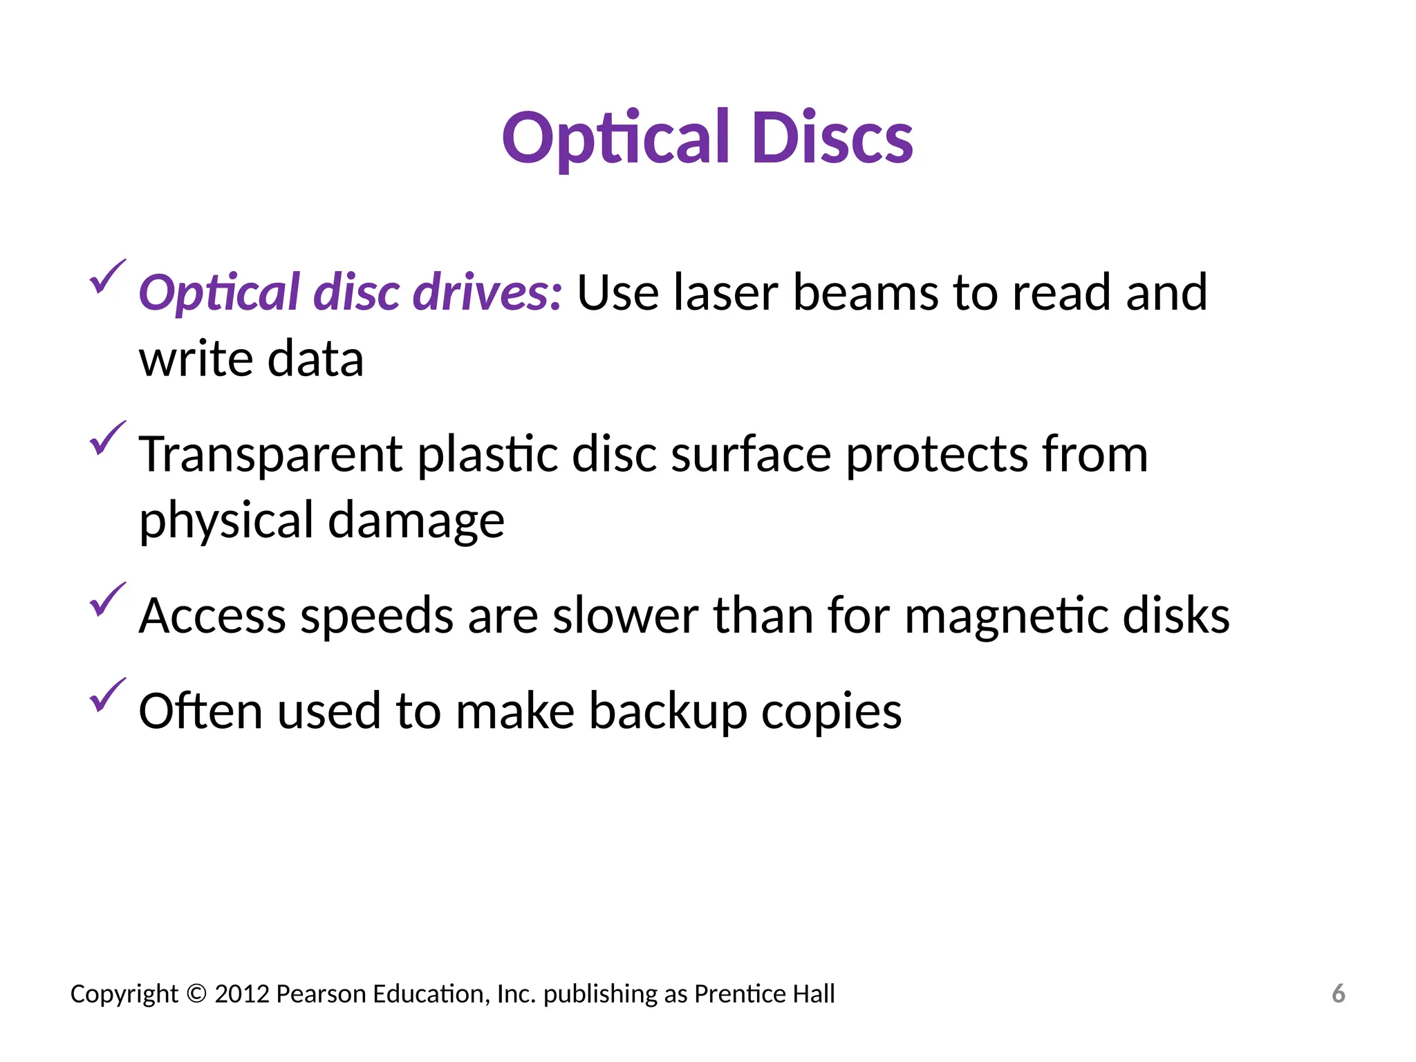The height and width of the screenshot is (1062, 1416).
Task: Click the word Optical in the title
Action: pyautogui.click(x=615, y=138)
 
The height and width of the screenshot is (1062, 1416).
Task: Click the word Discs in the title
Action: pyautogui.click(x=832, y=138)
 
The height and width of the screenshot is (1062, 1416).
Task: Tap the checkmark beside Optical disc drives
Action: pyautogui.click(x=107, y=277)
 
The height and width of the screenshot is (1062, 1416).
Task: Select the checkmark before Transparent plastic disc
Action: pyautogui.click(x=107, y=438)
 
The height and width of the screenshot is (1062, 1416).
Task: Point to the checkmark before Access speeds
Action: pyautogui.click(x=107, y=599)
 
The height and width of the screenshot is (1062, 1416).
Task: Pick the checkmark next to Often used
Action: pyautogui.click(x=107, y=695)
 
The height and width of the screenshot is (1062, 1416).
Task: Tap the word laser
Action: pyautogui.click(x=725, y=292)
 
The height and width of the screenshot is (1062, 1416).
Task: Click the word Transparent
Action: pyautogui.click(x=270, y=455)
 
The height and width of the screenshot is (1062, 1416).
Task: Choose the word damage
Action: pyautogui.click(x=416, y=520)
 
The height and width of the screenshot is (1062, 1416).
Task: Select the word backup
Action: pyautogui.click(x=668, y=711)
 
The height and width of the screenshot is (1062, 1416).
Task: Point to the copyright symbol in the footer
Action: pyautogui.click(x=196, y=994)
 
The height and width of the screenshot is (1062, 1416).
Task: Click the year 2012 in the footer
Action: pyautogui.click(x=241, y=994)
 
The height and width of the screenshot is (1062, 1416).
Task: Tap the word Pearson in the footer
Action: pyautogui.click(x=321, y=994)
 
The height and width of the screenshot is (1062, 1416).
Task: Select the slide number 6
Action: pyautogui.click(x=1339, y=994)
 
